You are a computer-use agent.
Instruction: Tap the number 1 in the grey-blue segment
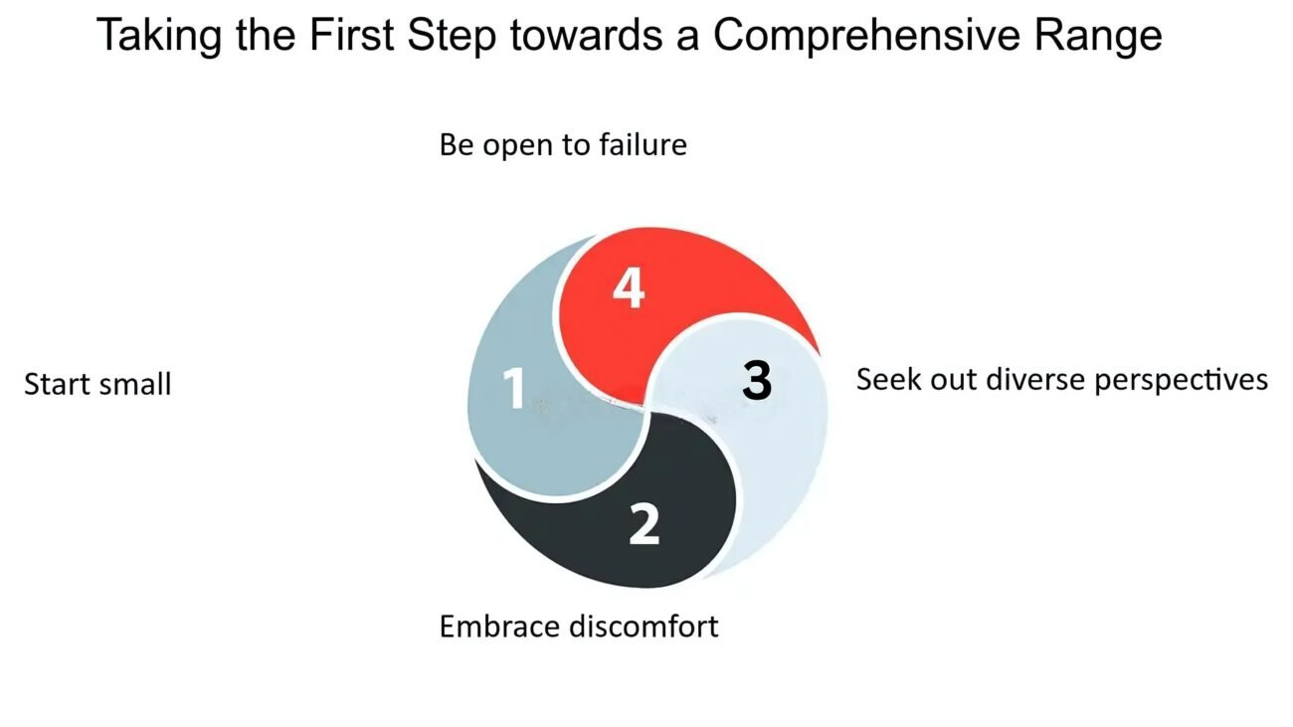(513, 388)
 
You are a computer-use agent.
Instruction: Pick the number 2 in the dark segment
(644, 523)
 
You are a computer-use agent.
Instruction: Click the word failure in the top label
(643, 144)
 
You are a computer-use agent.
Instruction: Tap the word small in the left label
(135, 384)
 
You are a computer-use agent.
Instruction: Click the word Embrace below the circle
(500, 627)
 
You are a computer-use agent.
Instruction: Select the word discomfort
(644, 627)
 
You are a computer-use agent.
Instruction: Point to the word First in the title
(351, 35)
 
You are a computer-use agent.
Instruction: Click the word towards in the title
(586, 35)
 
